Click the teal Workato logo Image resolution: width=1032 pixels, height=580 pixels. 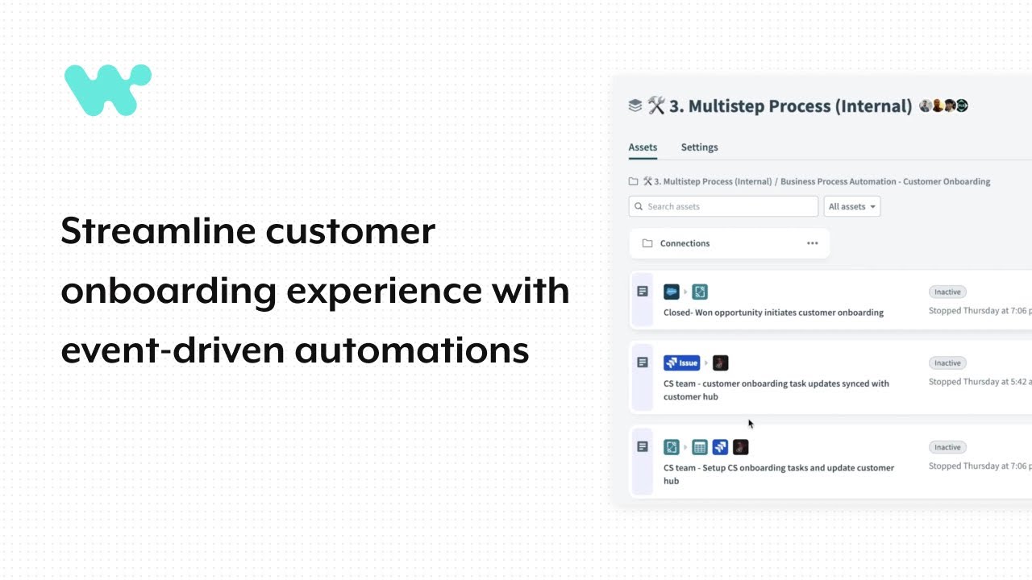[108, 89]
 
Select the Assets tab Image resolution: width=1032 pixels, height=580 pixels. [643, 147]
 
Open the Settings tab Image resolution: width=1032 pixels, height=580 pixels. [699, 147]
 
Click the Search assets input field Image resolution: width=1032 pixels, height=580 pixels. [723, 206]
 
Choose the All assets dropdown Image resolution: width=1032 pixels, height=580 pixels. [852, 206]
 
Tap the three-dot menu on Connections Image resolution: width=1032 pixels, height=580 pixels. [812, 243]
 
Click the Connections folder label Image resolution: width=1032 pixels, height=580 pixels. [685, 243]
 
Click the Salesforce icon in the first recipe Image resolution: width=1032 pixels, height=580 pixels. [672, 292]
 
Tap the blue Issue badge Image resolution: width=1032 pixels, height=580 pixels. [681, 362]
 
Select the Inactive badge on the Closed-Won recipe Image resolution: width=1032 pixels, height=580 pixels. [947, 292]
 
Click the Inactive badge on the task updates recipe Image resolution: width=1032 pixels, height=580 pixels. [947, 362]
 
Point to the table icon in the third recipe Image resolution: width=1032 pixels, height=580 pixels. [700, 447]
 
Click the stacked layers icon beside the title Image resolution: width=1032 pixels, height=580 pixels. [635, 106]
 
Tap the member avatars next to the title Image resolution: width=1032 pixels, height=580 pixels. [943, 106]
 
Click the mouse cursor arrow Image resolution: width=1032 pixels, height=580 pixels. [751, 424]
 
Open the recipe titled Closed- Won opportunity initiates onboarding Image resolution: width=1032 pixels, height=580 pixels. [773, 313]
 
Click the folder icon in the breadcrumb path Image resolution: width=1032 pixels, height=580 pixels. [634, 181]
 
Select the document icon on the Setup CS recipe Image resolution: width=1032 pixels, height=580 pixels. [643, 446]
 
